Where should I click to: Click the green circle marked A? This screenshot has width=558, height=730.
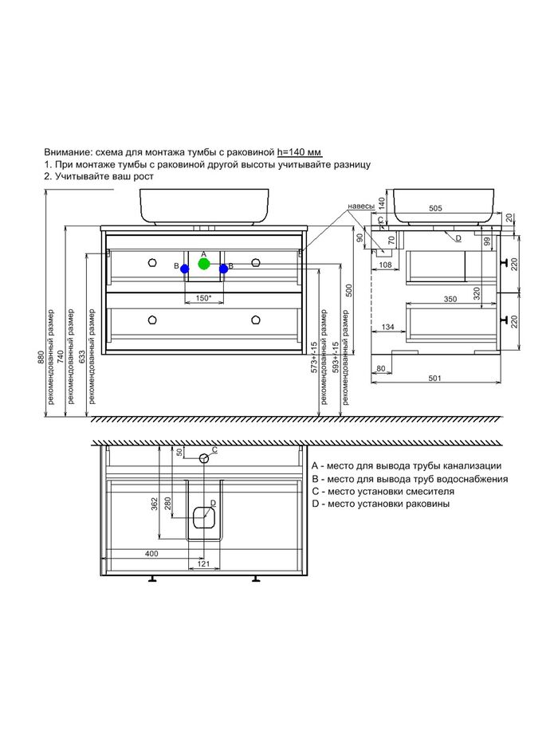[x=204, y=263]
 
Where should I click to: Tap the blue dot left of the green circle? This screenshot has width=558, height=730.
[x=184, y=269]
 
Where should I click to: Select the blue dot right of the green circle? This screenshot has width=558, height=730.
[x=223, y=269]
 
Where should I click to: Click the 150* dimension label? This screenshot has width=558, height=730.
[x=204, y=298]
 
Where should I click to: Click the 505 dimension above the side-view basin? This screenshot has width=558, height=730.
[x=435, y=209]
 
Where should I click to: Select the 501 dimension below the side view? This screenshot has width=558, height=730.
[x=435, y=379]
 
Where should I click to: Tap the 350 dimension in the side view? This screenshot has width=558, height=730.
[x=450, y=299]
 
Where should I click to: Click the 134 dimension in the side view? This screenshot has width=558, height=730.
[x=389, y=327]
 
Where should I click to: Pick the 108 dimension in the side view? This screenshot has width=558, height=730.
[x=385, y=265]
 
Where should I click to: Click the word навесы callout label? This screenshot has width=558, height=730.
[x=361, y=206]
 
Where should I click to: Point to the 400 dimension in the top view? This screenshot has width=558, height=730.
[x=151, y=553]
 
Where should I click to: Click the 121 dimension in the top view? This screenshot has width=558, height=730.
[x=203, y=565]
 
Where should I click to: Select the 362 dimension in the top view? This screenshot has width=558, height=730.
[x=153, y=504]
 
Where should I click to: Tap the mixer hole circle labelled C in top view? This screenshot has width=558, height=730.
[x=204, y=457]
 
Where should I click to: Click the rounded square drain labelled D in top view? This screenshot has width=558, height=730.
[x=204, y=518]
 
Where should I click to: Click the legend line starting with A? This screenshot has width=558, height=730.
[x=406, y=465]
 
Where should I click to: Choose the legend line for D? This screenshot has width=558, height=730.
[x=380, y=504]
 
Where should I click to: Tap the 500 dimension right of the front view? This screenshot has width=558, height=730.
[x=348, y=289]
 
